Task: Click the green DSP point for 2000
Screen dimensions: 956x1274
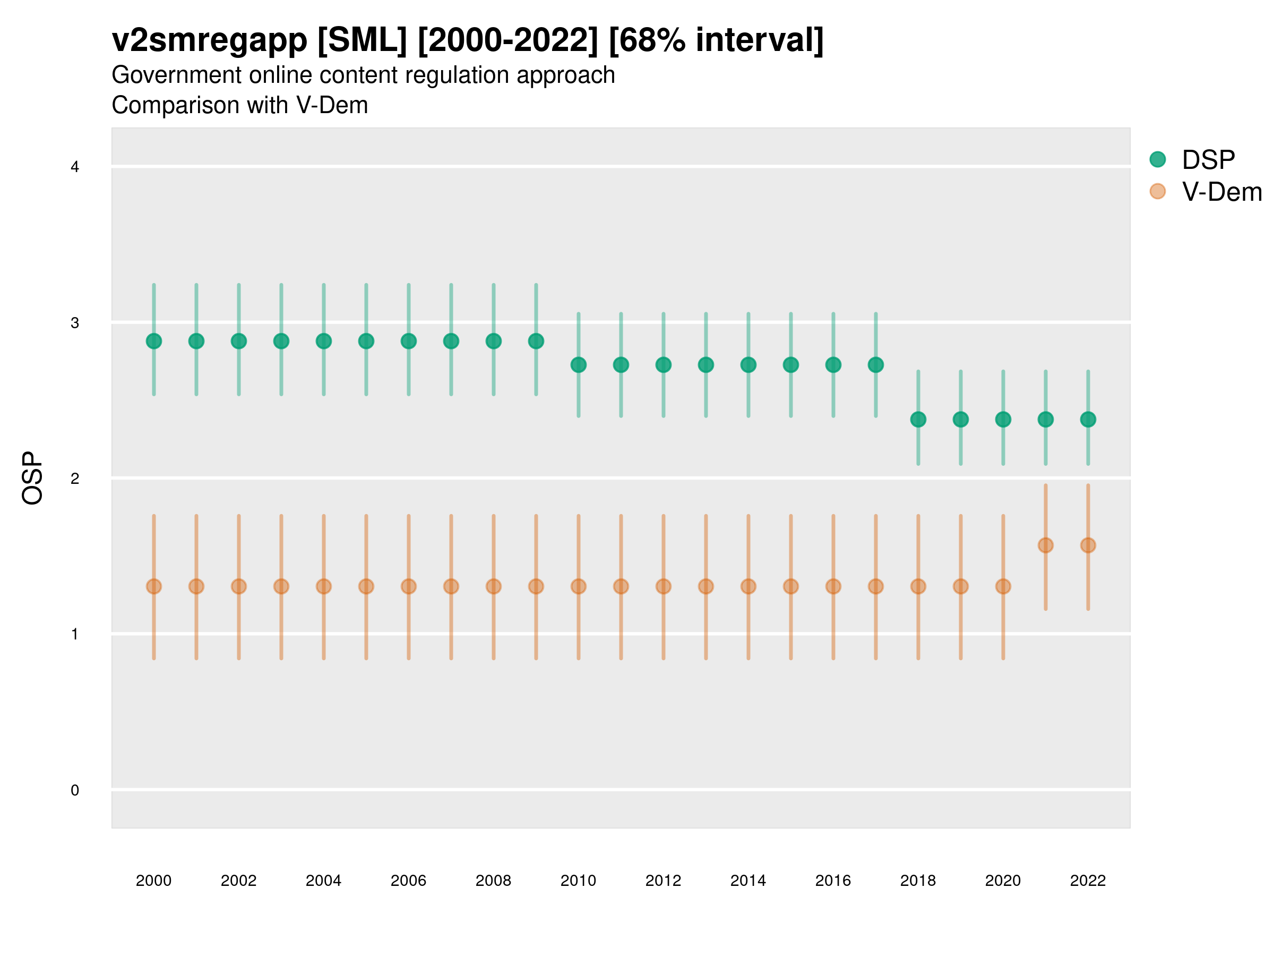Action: [154, 341]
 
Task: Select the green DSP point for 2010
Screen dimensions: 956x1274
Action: [578, 365]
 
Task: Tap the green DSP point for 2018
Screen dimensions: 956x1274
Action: [918, 420]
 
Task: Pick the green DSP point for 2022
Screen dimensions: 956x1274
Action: [1088, 420]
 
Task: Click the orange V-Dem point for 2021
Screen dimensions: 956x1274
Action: [1045, 545]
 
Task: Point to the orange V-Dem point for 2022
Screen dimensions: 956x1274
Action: [1088, 545]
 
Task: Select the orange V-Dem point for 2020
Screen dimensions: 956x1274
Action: [1003, 587]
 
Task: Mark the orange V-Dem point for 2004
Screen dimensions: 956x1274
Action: [324, 587]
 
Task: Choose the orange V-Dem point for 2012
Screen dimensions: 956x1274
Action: [664, 587]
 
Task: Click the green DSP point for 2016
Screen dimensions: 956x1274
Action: [833, 365]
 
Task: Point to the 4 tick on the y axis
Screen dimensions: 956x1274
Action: [75, 167]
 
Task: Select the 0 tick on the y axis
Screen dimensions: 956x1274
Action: [75, 790]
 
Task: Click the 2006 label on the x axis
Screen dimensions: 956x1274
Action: [408, 881]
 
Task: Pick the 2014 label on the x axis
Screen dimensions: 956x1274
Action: [748, 881]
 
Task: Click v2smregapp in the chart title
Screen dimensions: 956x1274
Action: [210, 40]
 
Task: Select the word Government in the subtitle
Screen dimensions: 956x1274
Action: [176, 75]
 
